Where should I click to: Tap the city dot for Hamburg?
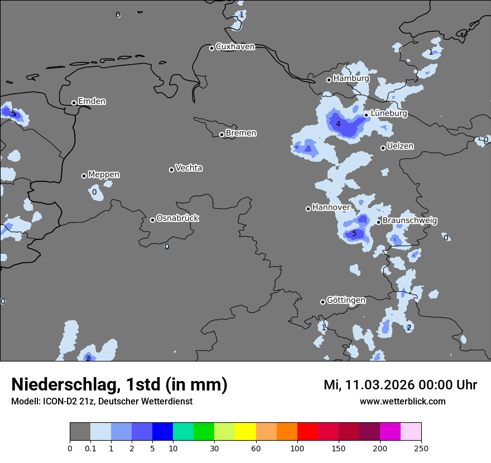coord(329,80)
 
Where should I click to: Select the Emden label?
coord(92,102)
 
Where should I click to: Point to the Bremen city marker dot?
coord(222,134)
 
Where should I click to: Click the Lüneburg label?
coord(388,113)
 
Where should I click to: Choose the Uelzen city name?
coord(400,146)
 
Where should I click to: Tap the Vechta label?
coord(189,168)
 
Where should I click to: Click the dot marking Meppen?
coord(84,176)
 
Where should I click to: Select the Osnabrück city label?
coord(177,218)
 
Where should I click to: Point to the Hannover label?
coord(331,208)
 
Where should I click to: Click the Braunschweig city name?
coord(410,221)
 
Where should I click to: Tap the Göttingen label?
coord(346,300)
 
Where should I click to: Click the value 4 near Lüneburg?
coord(338,124)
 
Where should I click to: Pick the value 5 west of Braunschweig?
coord(354,234)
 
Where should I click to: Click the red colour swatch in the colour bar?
coord(307,432)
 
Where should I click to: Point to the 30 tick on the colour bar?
coord(214,448)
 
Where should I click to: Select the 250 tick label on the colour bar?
coord(421,448)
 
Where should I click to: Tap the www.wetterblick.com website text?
coord(402,402)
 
